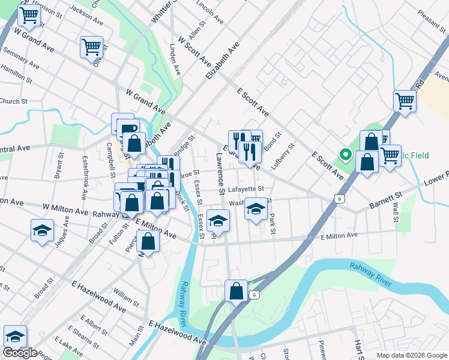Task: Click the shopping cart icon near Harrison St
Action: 29,17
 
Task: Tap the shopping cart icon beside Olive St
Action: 91,47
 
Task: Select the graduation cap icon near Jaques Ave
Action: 42,231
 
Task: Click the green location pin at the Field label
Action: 346,155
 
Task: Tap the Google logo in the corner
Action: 20,353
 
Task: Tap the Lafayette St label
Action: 246,189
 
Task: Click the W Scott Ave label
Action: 196,52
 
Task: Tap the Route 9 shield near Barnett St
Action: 340,197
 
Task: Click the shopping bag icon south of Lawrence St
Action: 237,291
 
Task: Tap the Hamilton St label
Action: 16,74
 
